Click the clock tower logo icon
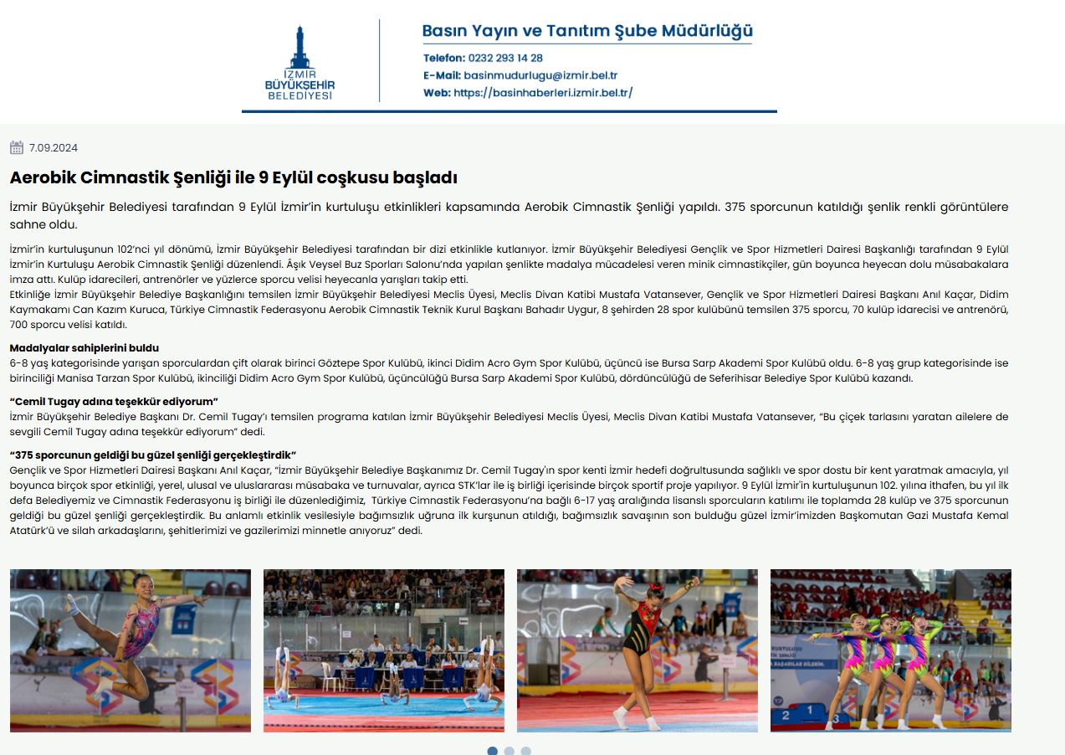coord(300,49)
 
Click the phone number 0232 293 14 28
coord(505,59)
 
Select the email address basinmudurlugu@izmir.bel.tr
coord(540,75)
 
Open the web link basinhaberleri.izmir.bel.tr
coord(543,93)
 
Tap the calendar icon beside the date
coord(17,148)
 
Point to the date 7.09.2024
coord(54,148)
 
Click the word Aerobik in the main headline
coord(43,178)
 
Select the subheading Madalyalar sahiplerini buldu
coord(84,348)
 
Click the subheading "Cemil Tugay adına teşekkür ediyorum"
coord(113,402)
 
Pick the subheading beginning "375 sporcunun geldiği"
coord(153,455)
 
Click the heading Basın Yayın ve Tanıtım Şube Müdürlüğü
coord(586,32)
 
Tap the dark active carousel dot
coord(492,751)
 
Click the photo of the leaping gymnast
coord(131,650)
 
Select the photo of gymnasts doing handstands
coord(384,650)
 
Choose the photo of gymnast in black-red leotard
coord(637,650)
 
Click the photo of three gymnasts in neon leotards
coord(891,650)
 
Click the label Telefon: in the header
coord(443,59)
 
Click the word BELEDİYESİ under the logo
coord(300,95)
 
